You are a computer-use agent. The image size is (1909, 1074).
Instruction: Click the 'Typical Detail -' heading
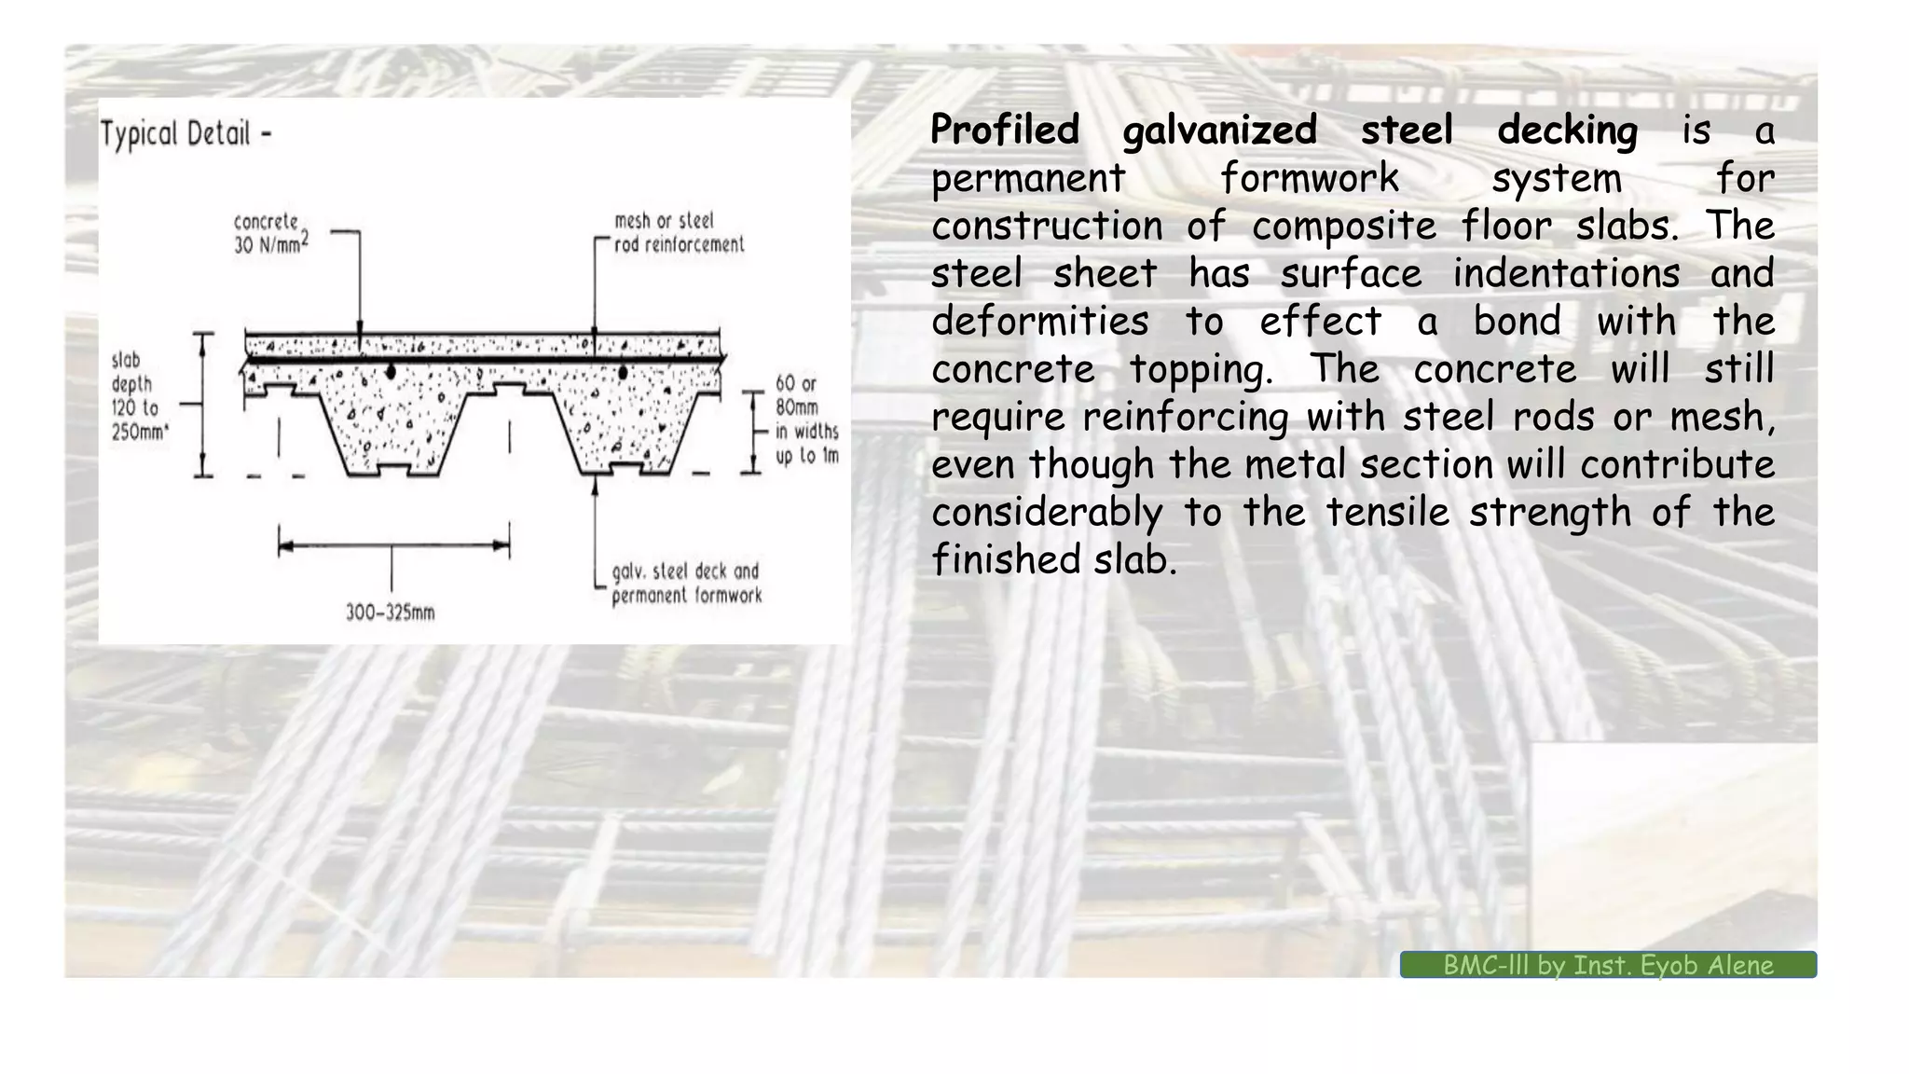pos(185,134)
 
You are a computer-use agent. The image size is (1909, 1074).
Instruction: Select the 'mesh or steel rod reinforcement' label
pos(679,233)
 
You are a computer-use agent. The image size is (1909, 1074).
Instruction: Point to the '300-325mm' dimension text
pos(391,613)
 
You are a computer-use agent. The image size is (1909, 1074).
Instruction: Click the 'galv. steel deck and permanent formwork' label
pos(686,584)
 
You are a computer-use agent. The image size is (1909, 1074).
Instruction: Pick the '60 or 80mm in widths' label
pos(806,420)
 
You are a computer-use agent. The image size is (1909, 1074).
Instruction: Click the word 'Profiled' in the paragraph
pos(1005,130)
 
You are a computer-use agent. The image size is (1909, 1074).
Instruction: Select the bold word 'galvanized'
pos(1219,130)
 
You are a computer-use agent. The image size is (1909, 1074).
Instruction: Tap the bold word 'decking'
pos(1567,130)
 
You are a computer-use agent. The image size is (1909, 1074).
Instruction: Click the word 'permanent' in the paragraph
pos(1028,178)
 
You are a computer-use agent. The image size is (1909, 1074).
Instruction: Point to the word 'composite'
pos(1344,226)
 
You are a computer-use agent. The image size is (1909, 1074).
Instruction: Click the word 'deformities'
pos(1039,322)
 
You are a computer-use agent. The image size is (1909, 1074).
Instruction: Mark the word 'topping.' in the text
pos(1202,369)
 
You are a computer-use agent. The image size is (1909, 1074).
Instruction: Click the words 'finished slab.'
pos(1054,559)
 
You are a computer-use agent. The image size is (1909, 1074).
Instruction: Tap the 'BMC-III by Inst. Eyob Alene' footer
pos(1608,965)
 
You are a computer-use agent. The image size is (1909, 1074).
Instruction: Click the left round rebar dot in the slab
pos(391,372)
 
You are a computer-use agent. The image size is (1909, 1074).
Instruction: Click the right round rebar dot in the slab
pos(623,372)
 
